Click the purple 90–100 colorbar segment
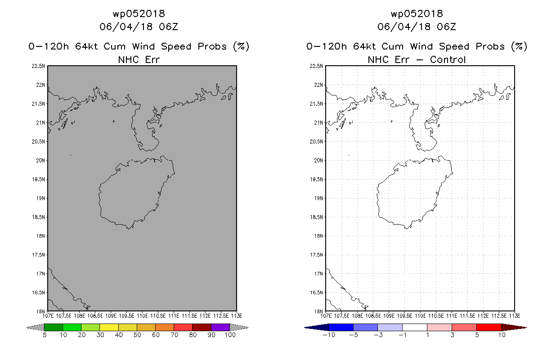coord(220,327)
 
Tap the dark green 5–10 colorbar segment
coord(54,327)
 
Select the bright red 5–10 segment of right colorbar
coord(489,327)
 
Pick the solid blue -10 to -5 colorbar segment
coord(341,327)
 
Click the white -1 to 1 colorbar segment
coord(415,327)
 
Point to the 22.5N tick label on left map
coord(38,66)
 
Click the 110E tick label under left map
coord(142,316)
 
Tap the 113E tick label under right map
coord(515,316)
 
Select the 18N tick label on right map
coord(318,236)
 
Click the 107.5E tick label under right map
coord(341,316)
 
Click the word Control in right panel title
coord(448,60)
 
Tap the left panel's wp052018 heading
coord(139,13)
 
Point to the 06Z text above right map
coord(446,27)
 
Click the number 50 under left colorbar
coord(137,335)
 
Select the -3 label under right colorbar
coord(378,335)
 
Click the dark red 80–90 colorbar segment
coord(202,327)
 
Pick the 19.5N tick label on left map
coord(38,179)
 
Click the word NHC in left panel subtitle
coord(129,60)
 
